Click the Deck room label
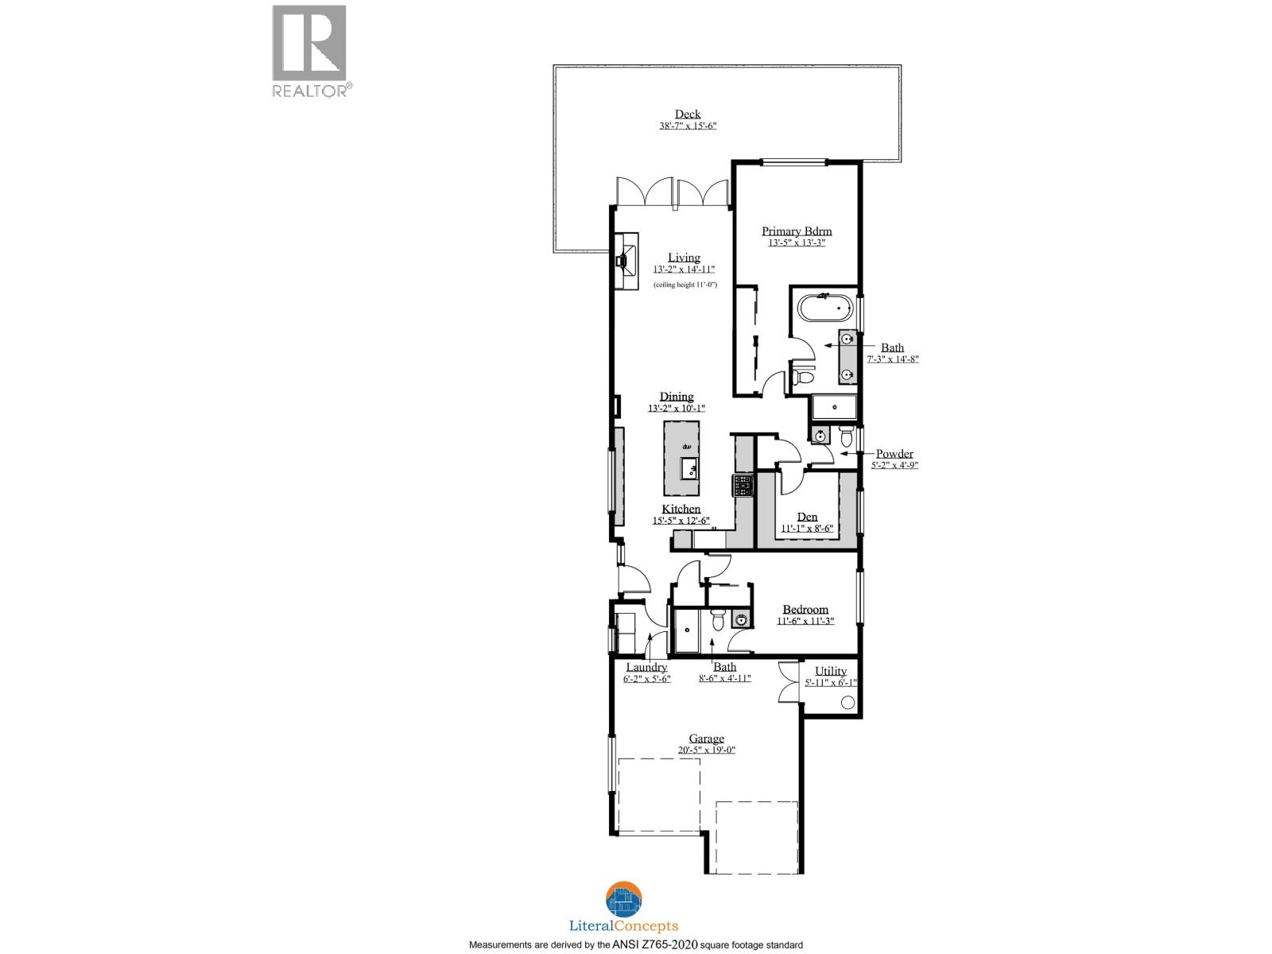688,114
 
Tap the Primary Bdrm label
797,231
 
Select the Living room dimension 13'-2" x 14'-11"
684,270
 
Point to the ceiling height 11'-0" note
684,284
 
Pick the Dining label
677,397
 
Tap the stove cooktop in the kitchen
743,485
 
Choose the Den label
807,517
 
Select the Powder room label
894,454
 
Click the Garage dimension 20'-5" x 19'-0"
706,750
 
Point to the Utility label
831,671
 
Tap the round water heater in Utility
847,703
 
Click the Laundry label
646,667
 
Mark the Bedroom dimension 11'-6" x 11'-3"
805,621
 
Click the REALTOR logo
310,52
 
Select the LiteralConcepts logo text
624,925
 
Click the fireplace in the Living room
626,258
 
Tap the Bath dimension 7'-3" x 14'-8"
891,359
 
